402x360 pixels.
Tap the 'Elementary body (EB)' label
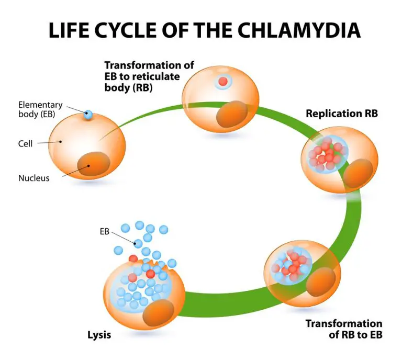(40, 109)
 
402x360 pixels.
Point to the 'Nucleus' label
(34, 178)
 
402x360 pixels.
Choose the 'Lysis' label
(99, 334)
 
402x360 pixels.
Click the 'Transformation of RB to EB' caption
(344, 329)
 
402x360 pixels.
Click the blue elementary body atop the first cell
(88, 114)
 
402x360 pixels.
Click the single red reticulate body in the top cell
(223, 82)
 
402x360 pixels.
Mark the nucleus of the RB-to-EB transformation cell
(320, 284)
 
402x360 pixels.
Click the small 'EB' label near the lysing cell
(104, 231)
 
